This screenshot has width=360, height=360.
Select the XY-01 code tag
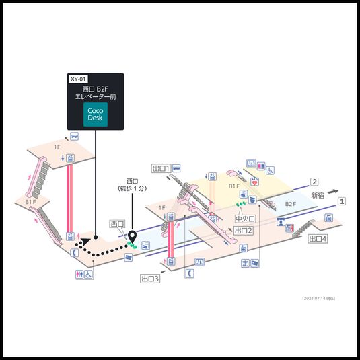coord(78,79)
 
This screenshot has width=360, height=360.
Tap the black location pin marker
coord(132,237)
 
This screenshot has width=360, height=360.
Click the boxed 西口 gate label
coord(117,223)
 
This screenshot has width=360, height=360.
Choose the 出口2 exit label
coord(243,231)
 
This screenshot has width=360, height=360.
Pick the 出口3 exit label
coord(150,277)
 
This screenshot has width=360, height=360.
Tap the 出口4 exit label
coord(318,238)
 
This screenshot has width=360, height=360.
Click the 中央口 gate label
coord(243,219)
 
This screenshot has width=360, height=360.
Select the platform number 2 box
coord(314,182)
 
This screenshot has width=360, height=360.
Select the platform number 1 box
coord(342,201)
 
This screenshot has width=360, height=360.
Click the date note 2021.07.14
coord(319,297)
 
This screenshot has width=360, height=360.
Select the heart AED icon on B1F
coord(255,180)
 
